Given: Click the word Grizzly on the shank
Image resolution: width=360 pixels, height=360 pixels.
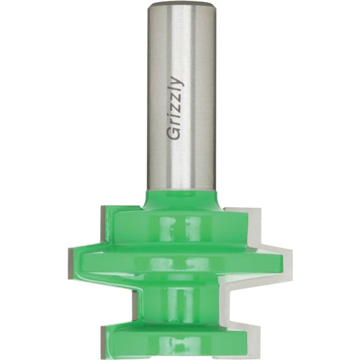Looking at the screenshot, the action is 175,108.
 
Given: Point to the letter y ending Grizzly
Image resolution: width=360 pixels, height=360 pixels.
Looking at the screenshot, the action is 177,81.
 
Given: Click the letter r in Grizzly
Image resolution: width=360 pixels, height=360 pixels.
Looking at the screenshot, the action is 175,121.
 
